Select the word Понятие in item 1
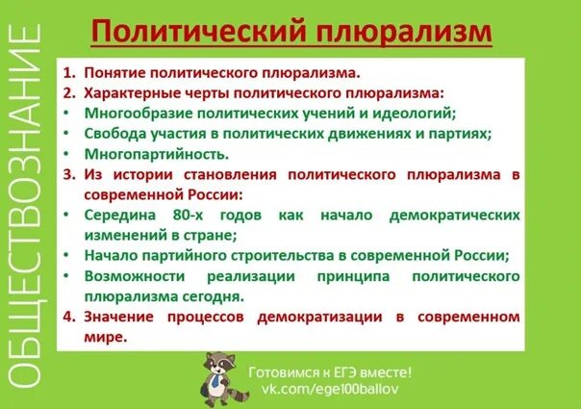[113, 72]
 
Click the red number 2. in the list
[69, 92]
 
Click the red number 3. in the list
[69, 174]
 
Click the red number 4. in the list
[69, 317]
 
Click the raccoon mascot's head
[215, 364]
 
